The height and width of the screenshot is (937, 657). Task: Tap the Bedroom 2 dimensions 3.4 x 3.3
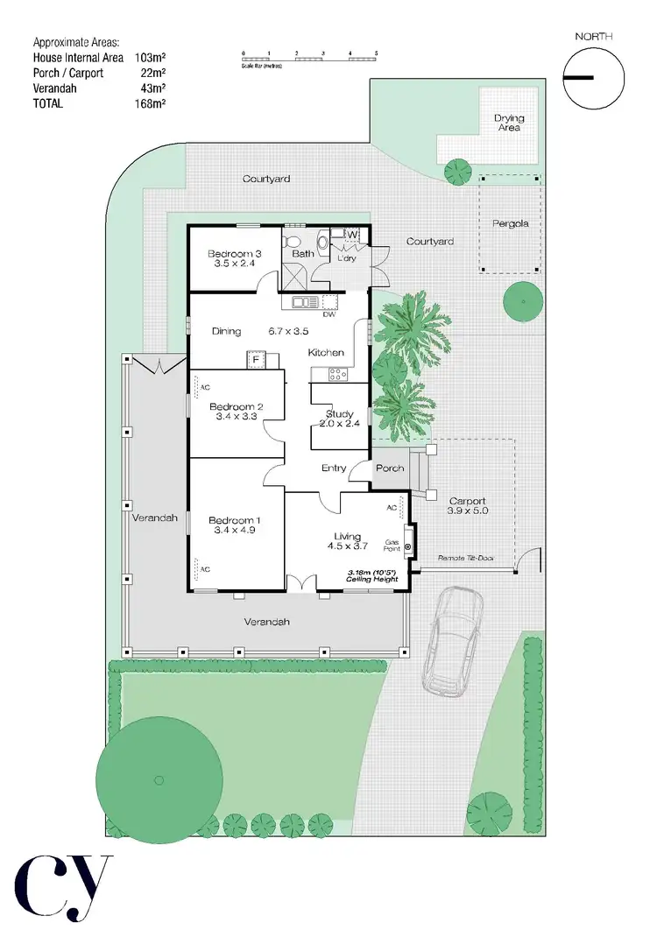235,418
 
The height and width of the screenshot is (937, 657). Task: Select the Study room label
339,413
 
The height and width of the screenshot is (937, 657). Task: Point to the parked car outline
452,641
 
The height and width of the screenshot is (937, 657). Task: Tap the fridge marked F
256,360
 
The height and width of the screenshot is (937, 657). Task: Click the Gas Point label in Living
390,545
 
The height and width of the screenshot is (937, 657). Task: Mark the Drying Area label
509,123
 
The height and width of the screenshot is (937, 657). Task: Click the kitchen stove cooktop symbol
337,374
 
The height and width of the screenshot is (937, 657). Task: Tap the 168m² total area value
151,103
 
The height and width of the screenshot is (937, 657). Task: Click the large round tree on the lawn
159,778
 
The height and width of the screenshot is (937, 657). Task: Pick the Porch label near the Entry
390,468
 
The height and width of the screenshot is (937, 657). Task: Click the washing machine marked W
351,236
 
